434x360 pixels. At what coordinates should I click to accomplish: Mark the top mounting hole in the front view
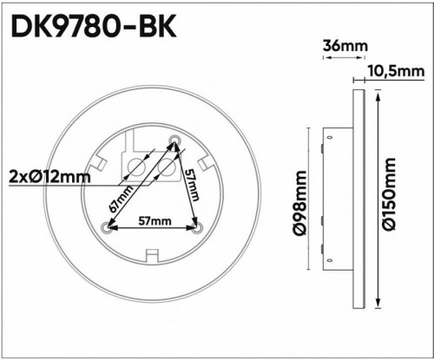pos(174,139)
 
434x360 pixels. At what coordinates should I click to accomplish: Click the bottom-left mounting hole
pos(107,228)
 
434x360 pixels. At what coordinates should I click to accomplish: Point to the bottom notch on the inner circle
pos(152,254)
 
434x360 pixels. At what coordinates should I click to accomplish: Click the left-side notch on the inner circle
pos(98,163)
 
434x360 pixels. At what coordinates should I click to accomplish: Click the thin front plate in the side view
pos(357,198)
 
